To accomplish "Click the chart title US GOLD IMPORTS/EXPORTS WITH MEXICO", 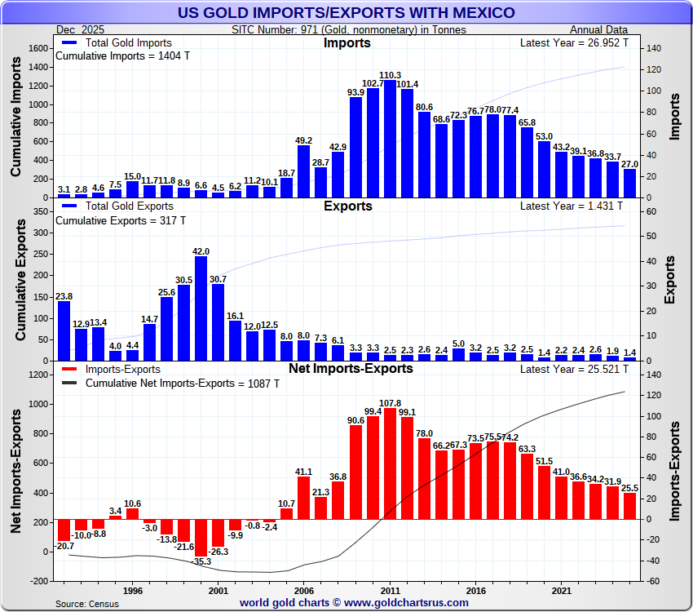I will [346, 12].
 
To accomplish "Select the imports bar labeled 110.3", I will [390, 139].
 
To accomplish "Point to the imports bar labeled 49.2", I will [304, 171].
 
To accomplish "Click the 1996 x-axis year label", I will [133, 590].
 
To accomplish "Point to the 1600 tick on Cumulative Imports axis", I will [39, 48].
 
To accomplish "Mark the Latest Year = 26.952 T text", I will [574, 42].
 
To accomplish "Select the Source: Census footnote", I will [86, 603].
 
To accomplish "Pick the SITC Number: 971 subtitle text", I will [349, 30].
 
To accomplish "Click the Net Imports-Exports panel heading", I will [351, 369].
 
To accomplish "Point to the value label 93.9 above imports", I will [355, 92].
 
